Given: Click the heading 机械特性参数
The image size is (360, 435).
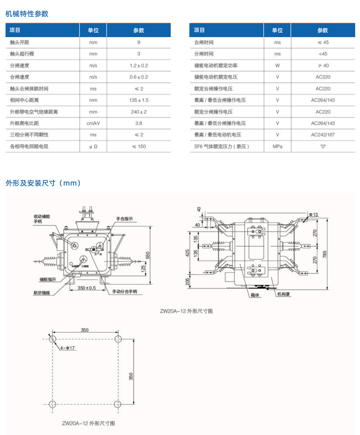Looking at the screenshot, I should [x=27, y=14].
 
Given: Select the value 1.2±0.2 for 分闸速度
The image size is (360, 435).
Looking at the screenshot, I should [x=139, y=66].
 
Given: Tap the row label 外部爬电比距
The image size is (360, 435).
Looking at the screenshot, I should [x=24, y=123].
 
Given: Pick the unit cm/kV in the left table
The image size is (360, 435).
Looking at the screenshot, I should [x=93, y=123].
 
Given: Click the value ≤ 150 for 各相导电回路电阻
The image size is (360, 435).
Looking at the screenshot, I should [x=139, y=146].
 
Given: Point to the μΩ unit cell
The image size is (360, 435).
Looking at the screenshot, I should [x=93, y=146].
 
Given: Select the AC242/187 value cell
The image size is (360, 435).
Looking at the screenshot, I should [x=323, y=135].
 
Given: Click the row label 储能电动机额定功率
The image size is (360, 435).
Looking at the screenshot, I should [x=216, y=66].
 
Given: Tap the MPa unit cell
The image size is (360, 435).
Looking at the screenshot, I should [x=277, y=146].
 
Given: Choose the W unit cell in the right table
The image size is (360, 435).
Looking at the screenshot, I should [x=277, y=66].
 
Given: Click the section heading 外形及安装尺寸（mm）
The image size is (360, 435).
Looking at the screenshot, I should [x=43, y=183].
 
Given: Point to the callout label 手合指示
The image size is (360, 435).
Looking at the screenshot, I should [x=124, y=219].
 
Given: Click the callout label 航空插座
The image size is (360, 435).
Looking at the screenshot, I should [x=42, y=293].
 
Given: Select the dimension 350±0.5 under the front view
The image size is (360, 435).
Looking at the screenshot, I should [x=86, y=288].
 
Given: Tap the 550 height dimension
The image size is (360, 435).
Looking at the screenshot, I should [x=147, y=255].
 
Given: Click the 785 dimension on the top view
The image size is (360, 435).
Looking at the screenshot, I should [x=325, y=254].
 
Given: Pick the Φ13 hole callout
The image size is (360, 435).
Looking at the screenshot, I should [x=313, y=214].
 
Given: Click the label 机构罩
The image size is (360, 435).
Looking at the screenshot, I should [x=283, y=294].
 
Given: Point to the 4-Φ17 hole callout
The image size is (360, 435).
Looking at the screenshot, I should [x=67, y=348].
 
